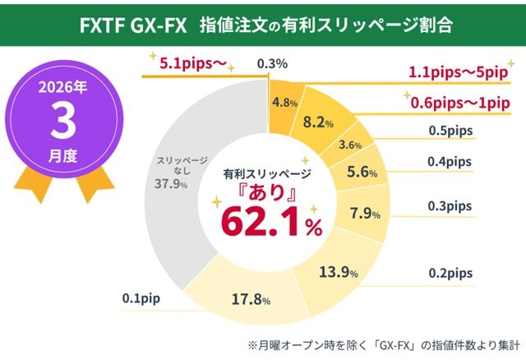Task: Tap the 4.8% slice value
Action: [x=284, y=104]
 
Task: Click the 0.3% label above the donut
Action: [x=271, y=63]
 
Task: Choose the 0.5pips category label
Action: [x=451, y=130]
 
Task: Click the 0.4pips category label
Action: [x=451, y=163]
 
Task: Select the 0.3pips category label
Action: [x=451, y=205]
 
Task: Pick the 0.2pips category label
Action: [x=451, y=272]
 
